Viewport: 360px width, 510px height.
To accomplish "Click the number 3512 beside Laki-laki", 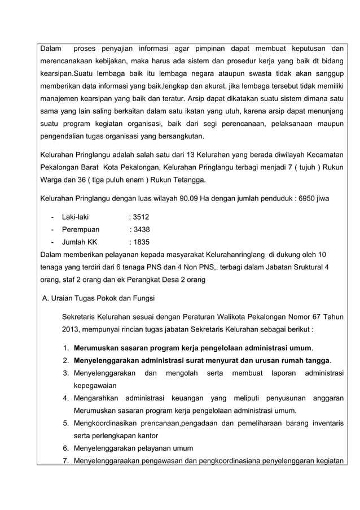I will (141, 216).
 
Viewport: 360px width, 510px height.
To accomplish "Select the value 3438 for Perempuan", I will (141, 229).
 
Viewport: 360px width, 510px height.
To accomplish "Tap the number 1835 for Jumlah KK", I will (141, 242).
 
